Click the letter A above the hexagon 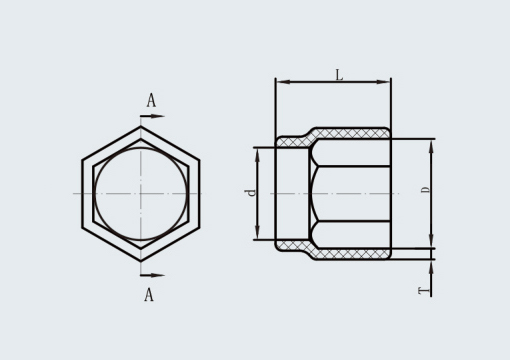151,100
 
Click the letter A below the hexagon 149,295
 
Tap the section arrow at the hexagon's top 152,116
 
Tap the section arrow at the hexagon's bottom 152,275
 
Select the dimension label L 339,75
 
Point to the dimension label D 425,190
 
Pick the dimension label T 424,291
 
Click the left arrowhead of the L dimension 283,82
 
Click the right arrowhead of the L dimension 383,82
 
